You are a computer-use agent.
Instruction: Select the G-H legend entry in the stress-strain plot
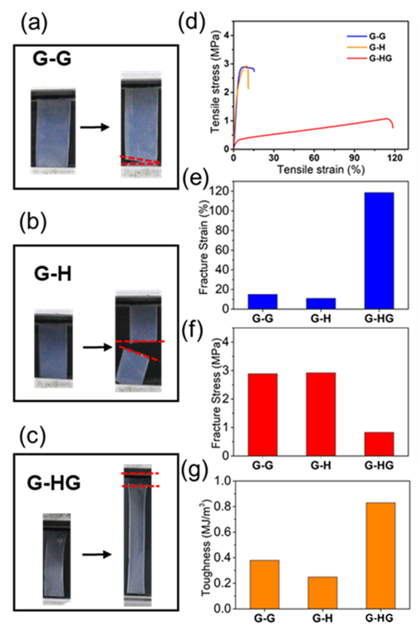click(377, 47)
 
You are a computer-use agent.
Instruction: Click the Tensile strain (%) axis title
click(321, 169)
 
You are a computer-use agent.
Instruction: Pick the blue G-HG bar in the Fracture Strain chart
click(379, 251)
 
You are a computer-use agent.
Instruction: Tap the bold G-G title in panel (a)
click(52, 59)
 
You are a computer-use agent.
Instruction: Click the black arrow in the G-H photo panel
click(97, 348)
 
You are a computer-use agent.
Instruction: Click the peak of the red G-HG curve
click(387, 118)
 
